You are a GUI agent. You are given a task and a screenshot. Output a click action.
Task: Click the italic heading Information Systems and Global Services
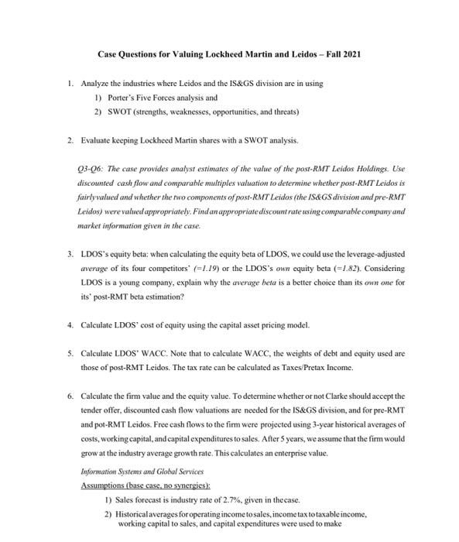(x=131, y=472)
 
